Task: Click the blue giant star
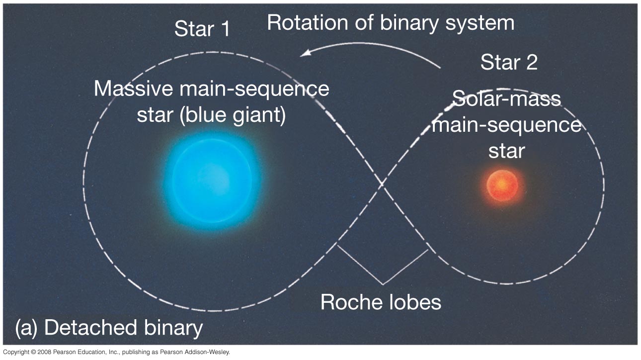pyautogui.click(x=214, y=177)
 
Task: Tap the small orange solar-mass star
pyautogui.click(x=502, y=185)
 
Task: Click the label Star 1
pyautogui.click(x=202, y=29)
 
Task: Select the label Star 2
pyautogui.click(x=509, y=63)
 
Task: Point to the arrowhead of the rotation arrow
pyautogui.click(x=303, y=54)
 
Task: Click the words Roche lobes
pyautogui.click(x=381, y=302)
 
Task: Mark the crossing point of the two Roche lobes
pyautogui.click(x=382, y=185)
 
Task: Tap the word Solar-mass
pyautogui.click(x=507, y=98)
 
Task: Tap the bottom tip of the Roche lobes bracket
pyautogui.click(x=382, y=284)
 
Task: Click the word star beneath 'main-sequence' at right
pyautogui.click(x=506, y=150)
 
